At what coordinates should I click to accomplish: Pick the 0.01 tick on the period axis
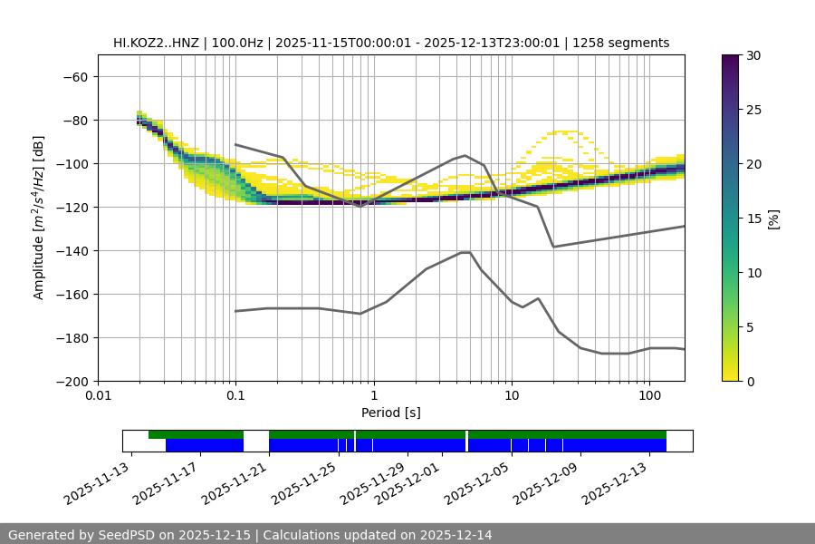pos(98,395)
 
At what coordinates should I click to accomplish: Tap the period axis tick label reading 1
pos(373,395)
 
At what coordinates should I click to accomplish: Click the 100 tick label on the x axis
pos(649,395)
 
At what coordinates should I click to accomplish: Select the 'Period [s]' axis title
pos(391,413)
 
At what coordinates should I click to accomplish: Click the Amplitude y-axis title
pos(39,218)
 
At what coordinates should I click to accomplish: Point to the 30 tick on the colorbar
pos(753,55)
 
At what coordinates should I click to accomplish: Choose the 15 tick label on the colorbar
pos(753,218)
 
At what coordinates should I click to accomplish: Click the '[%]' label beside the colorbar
pos(774,218)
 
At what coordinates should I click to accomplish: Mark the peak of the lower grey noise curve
pos(465,252)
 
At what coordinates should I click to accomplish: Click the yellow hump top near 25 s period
pos(567,131)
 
